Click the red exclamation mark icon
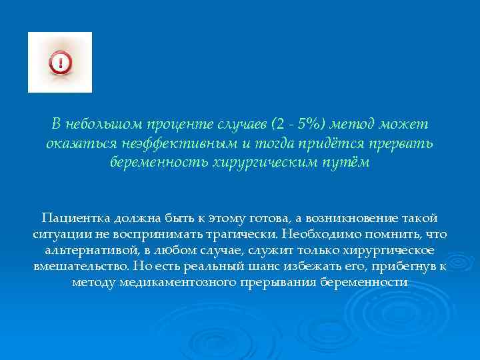coord(60,63)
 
